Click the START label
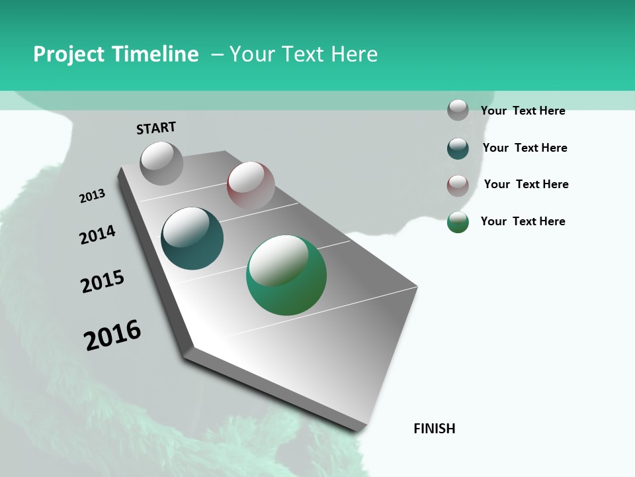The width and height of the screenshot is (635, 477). (156, 128)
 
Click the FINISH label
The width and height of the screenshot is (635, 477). (435, 429)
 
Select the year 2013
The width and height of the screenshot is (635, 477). (93, 196)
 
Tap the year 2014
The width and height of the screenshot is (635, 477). (98, 235)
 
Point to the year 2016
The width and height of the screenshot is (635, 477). (112, 335)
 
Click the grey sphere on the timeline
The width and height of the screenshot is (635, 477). (161, 163)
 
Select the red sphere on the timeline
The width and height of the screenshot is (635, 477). (251, 185)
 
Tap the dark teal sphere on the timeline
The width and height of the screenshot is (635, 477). (192, 238)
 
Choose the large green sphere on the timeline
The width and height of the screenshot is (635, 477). (286, 275)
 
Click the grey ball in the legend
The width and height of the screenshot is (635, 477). (458, 110)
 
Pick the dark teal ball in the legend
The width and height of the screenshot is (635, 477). (458, 148)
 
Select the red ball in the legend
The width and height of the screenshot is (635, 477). (458, 185)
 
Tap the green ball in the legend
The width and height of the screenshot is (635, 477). (458, 222)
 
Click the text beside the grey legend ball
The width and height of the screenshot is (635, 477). (523, 111)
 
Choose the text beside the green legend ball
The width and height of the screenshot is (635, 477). (523, 221)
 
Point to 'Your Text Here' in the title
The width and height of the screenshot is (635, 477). (304, 54)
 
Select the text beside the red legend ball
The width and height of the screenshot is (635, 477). (526, 184)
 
